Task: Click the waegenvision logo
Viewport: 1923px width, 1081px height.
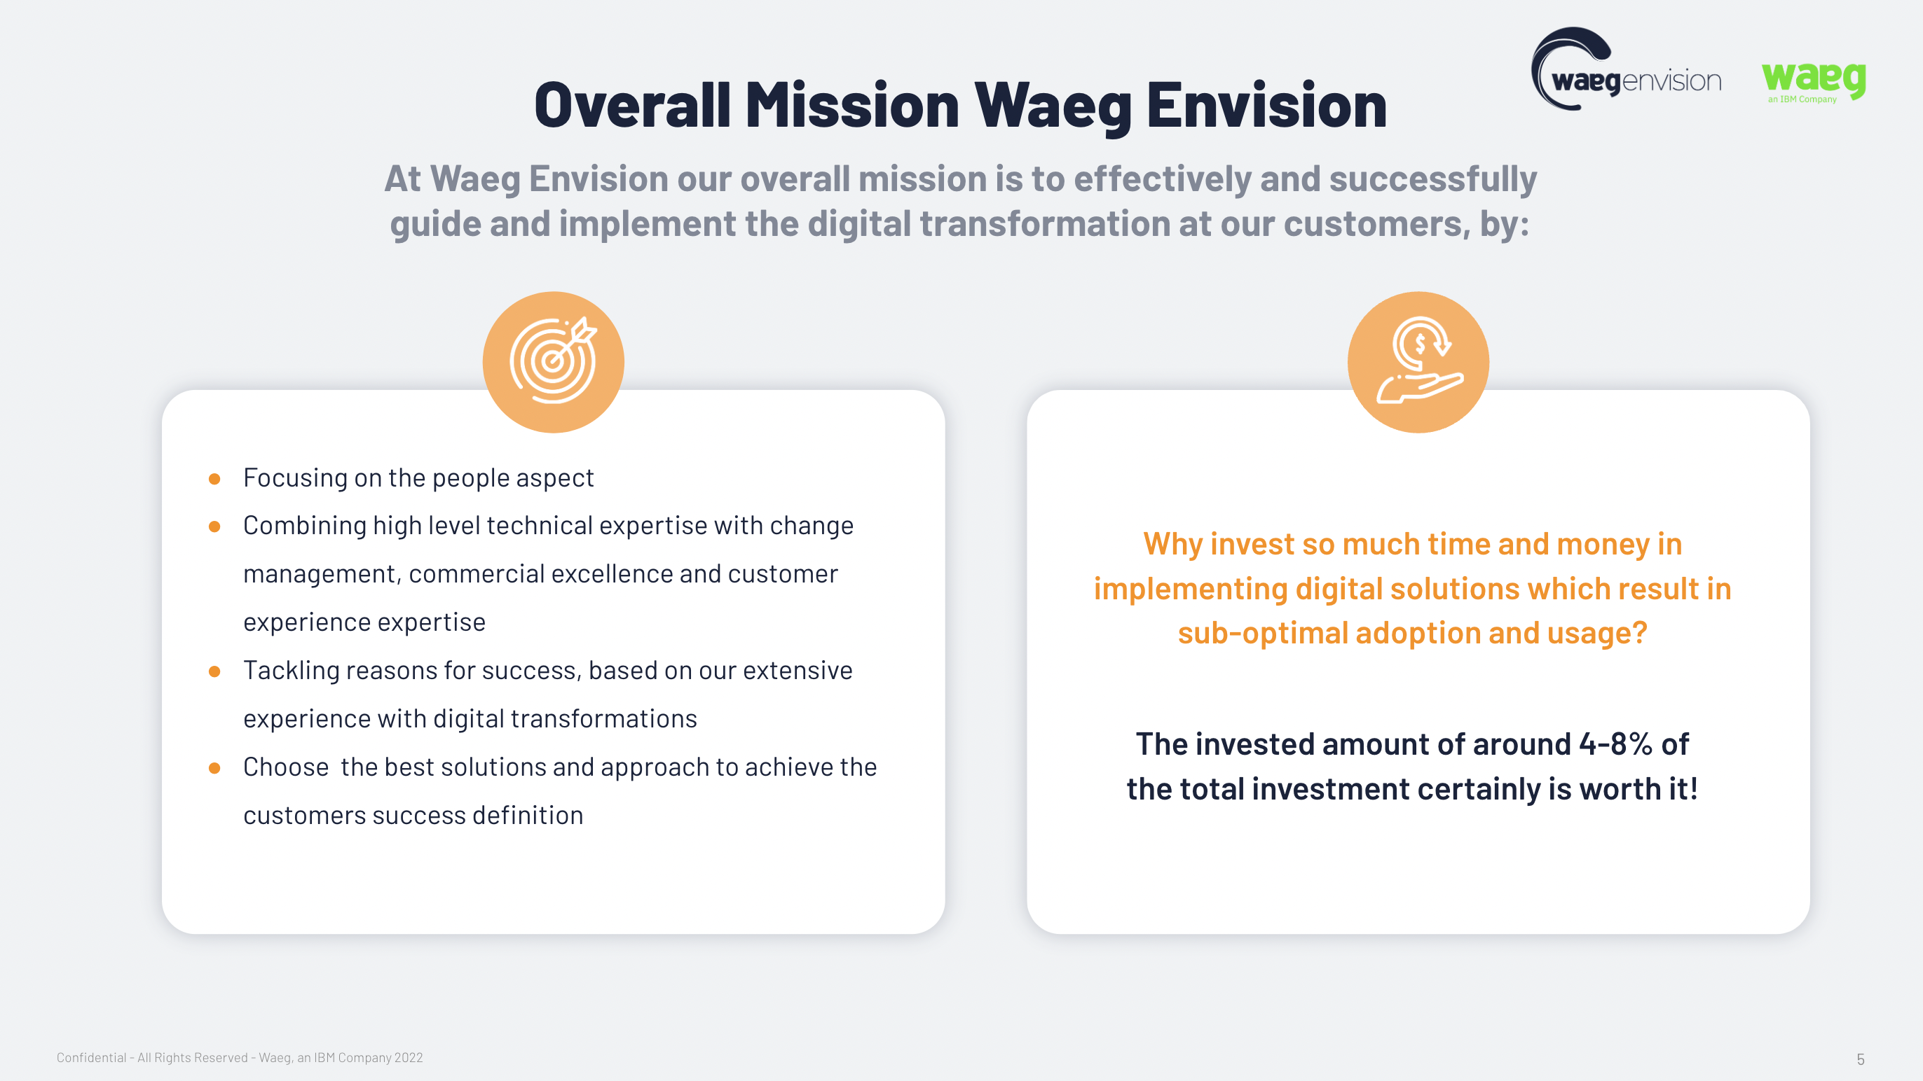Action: (x=1626, y=69)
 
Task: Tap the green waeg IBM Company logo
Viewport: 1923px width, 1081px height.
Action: (x=1813, y=81)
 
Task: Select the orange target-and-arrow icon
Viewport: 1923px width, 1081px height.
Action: (x=553, y=362)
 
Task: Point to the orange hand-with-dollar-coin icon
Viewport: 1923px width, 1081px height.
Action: (x=1418, y=362)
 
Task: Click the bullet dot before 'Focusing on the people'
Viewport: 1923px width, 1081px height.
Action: (x=214, y=479)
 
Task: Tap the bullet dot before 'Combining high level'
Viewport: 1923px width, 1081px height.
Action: (x=214, y=526)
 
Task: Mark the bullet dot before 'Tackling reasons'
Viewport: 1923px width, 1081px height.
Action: (x=214, y=671)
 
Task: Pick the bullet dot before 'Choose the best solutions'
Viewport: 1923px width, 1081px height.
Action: (x=214, y=767)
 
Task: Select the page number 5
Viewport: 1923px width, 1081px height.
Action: (x=1861, y=1059)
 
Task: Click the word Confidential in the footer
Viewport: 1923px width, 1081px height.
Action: (x=91, y=1058)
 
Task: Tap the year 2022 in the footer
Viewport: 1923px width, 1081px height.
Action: (x=409, y=1058)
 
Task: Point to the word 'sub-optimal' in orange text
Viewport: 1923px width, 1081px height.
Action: (x=1262, y=634)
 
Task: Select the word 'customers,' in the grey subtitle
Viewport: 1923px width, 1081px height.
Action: (x=1377, y=224)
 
